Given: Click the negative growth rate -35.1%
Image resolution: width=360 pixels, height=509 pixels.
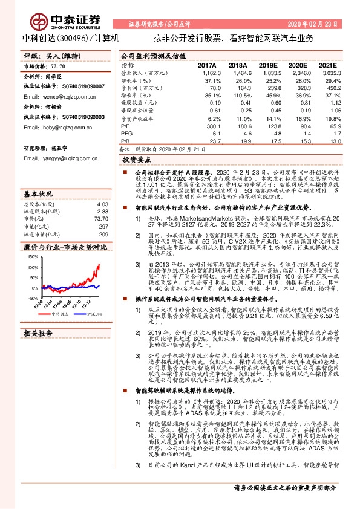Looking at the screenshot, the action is click(x=213, y=95).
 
